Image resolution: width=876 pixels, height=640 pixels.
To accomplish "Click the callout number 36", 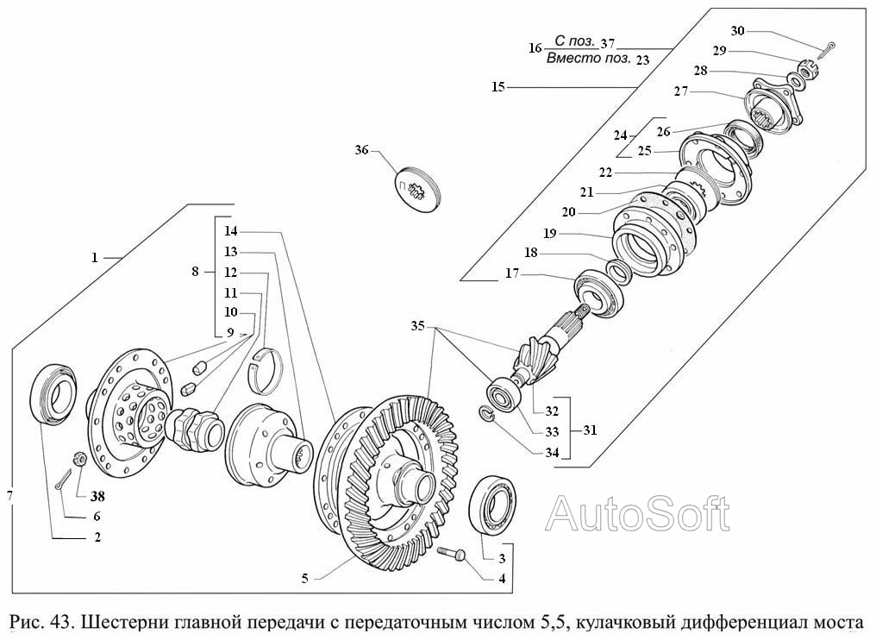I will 360,150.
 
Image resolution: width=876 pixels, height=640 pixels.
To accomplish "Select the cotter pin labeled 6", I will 62,480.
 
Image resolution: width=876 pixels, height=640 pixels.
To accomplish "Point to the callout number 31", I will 589,429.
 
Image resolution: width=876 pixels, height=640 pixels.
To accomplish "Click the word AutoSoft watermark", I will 639,514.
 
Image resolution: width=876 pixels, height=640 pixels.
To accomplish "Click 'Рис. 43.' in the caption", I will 38,623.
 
